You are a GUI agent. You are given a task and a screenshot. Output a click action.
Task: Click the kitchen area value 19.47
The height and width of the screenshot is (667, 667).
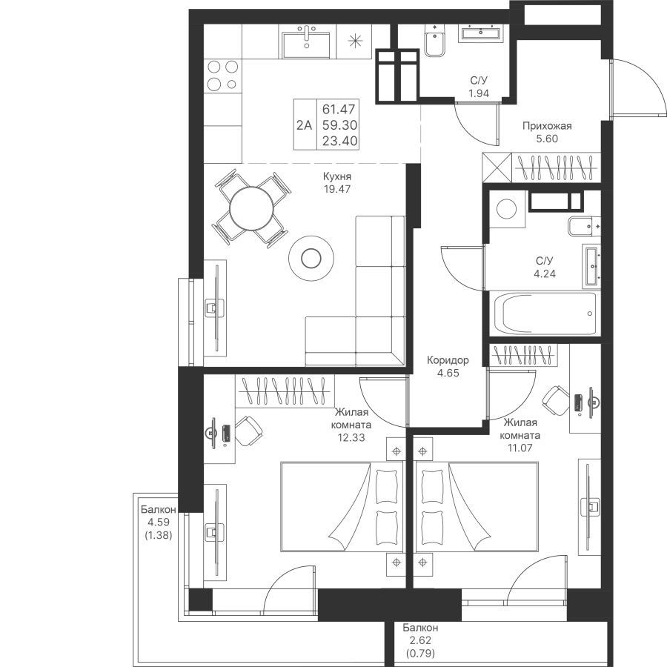pos(337,189)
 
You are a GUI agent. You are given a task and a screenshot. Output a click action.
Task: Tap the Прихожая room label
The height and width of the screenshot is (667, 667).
pos(547,126)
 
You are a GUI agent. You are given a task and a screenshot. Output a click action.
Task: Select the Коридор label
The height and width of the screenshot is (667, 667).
pos(448,360)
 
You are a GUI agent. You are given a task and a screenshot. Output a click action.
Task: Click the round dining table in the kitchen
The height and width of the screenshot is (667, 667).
pos(251,209)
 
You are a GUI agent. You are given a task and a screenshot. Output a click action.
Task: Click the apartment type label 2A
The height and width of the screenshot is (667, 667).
pos(305,125)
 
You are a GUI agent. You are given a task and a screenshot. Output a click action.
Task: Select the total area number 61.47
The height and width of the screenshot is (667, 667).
pos(339,110)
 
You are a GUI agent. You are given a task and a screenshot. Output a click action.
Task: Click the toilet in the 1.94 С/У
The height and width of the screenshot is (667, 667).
pos(435,41)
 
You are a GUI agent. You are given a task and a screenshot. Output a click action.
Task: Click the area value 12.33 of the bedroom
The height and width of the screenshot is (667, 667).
pos(351,437)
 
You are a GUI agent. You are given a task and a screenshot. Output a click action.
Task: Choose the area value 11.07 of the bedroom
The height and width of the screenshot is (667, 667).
pos(520,448)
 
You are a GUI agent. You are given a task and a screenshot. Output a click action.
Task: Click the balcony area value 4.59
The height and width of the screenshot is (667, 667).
pos(159,522)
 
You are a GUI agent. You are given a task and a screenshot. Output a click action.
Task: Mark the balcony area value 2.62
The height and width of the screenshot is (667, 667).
pos(420,640)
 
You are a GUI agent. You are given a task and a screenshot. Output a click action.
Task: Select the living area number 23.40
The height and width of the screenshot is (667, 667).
pos(339,141)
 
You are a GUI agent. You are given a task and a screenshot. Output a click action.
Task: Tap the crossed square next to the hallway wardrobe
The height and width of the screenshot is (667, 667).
pos(497,167)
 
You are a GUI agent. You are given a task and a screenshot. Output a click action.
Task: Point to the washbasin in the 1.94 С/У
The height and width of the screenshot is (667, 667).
pos(481,33)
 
